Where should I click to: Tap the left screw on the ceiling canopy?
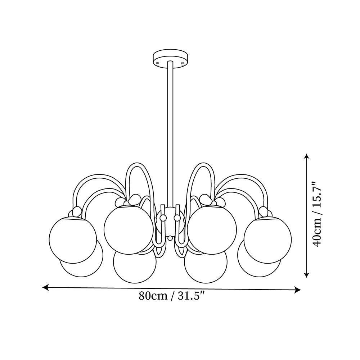(158, 63)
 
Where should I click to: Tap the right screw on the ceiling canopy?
(183, 63)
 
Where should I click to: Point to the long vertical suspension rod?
(170, 133)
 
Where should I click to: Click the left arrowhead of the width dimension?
(46, 287)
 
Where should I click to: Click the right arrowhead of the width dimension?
(298, 290)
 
